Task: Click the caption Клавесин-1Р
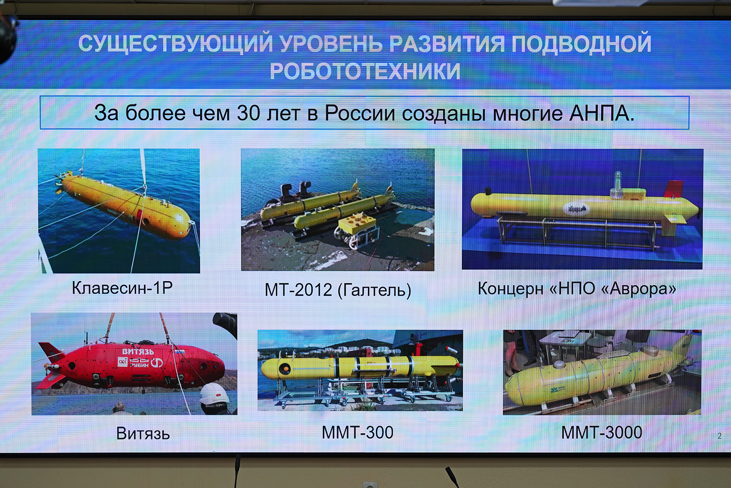click(122, 288)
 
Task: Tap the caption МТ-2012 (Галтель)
click(338, 290)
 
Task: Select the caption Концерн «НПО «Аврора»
click(577, 288)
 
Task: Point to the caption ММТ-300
click(357, 432)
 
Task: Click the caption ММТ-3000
click(601, 432)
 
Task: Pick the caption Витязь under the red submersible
click(143, 434)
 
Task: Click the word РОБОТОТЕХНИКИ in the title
click(365, 71)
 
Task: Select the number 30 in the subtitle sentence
click(248, 113)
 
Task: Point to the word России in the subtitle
click(359, 113)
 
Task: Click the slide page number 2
click(720, 436)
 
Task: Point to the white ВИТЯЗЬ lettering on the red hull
click(138, 351)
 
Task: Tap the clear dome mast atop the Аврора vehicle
click(618, 181)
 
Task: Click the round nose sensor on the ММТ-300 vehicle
click(284, 369)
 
